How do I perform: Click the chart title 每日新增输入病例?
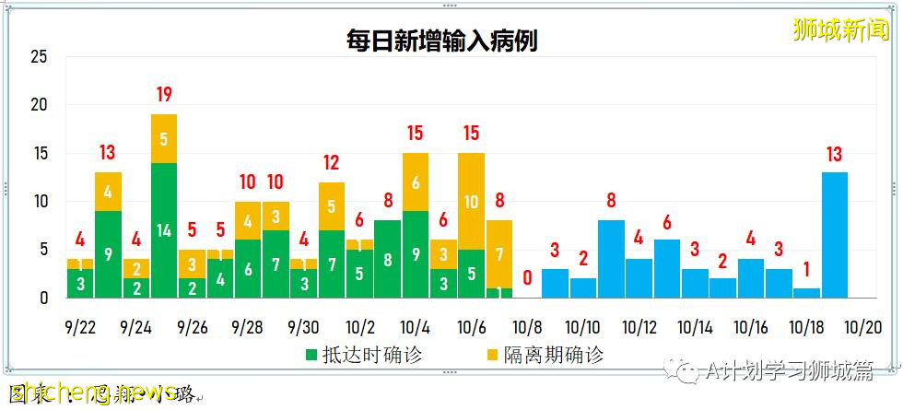coord(442,41)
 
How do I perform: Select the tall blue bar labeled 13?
coord(834,235)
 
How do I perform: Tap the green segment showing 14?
coord(164,230)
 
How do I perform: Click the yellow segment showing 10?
coord(471,201)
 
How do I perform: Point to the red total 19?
coord(164,94)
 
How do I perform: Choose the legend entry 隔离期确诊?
coord(542,355)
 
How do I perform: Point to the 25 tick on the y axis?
coord(39,57)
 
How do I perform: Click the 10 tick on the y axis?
coord(39,202)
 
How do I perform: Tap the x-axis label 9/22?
coord(80,327)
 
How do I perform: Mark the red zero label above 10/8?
coord(527,276)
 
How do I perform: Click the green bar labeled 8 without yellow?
coord(387,259)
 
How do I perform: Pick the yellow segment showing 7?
coord(498,253)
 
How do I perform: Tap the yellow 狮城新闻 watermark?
coord(839,29)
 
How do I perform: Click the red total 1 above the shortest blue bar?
coord(806,269)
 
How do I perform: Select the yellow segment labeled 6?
coord(415,182)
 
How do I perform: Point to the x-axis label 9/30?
coord(304,327)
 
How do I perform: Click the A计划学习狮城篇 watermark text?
coord(788,371)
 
